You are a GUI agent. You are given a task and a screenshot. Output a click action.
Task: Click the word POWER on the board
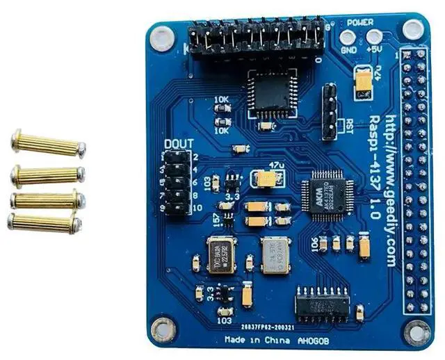pyautogui.click(x=361, y=22)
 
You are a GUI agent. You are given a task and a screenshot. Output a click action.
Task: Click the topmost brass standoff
pyautogui.click(x=48, y=144)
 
